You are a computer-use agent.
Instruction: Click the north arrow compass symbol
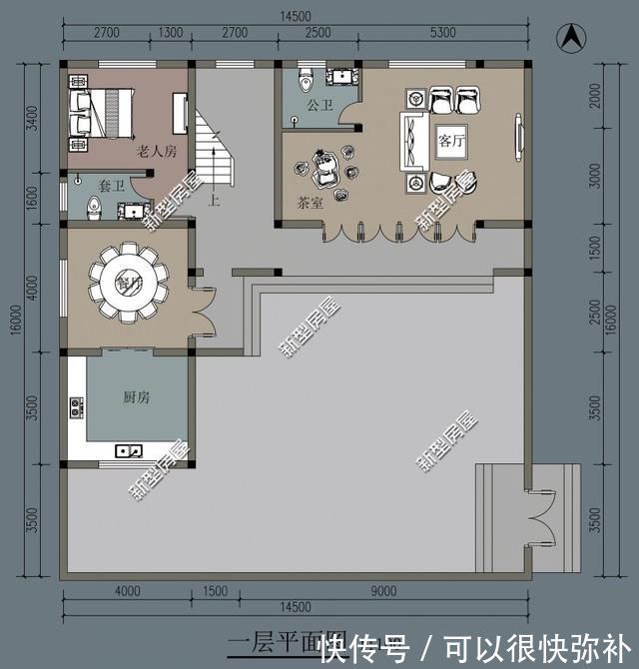[x=571, y=39]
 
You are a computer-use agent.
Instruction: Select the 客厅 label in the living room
[x=451, y=141]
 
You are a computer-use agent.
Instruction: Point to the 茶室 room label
[x=311, y=201]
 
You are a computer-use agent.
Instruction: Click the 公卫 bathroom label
[x=319, y=103]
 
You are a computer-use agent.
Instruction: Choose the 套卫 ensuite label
[x=111, y=186]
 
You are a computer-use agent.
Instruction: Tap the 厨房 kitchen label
[x=137, y=397]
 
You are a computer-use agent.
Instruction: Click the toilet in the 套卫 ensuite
[x=94, y=208]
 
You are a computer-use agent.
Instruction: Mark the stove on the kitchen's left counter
[x=75, y=407]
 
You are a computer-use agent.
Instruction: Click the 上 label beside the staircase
[x=213, y=200]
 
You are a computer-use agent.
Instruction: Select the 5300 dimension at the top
[x=442, y=32]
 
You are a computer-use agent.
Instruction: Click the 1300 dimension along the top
[x=171, y=32]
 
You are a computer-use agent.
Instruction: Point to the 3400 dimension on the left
[x=32, y=118]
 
